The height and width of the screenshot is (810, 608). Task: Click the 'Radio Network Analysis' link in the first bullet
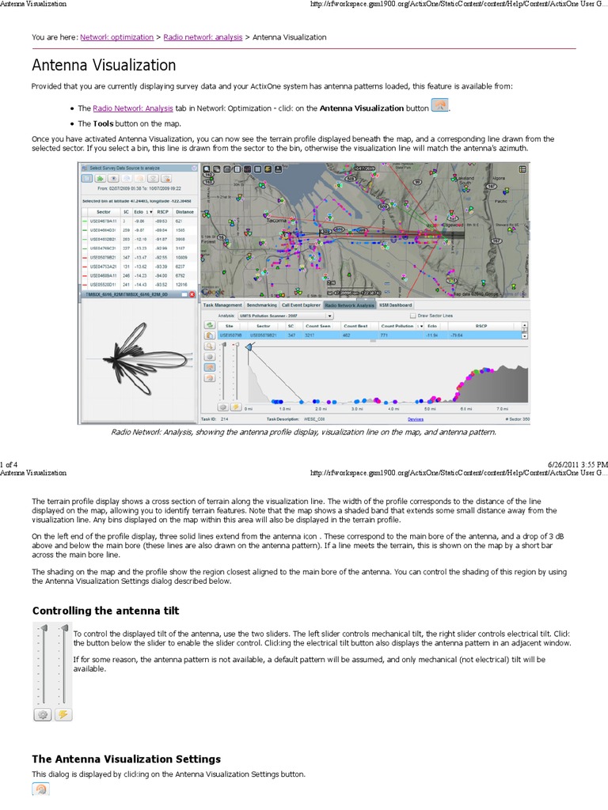click(x=132, y=108)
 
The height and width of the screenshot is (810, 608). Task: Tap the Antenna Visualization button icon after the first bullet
click(x=440, y=107)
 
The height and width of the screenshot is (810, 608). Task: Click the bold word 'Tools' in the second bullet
click(x=103, y=123)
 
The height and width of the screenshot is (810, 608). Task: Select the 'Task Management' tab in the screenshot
click(x=222, y=304)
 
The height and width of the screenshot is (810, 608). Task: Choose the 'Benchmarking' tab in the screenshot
click(x=261, y=304)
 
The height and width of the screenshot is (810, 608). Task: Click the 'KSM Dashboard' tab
click(x=397, y=304)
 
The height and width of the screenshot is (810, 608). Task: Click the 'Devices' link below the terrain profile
click(x=416, y=419)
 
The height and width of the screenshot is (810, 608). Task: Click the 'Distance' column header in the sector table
click(x=185, y=212)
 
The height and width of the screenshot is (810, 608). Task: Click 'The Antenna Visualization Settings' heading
click(x=126, y=759)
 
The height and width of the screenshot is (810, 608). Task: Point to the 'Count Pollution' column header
click(x=397, y=325)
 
